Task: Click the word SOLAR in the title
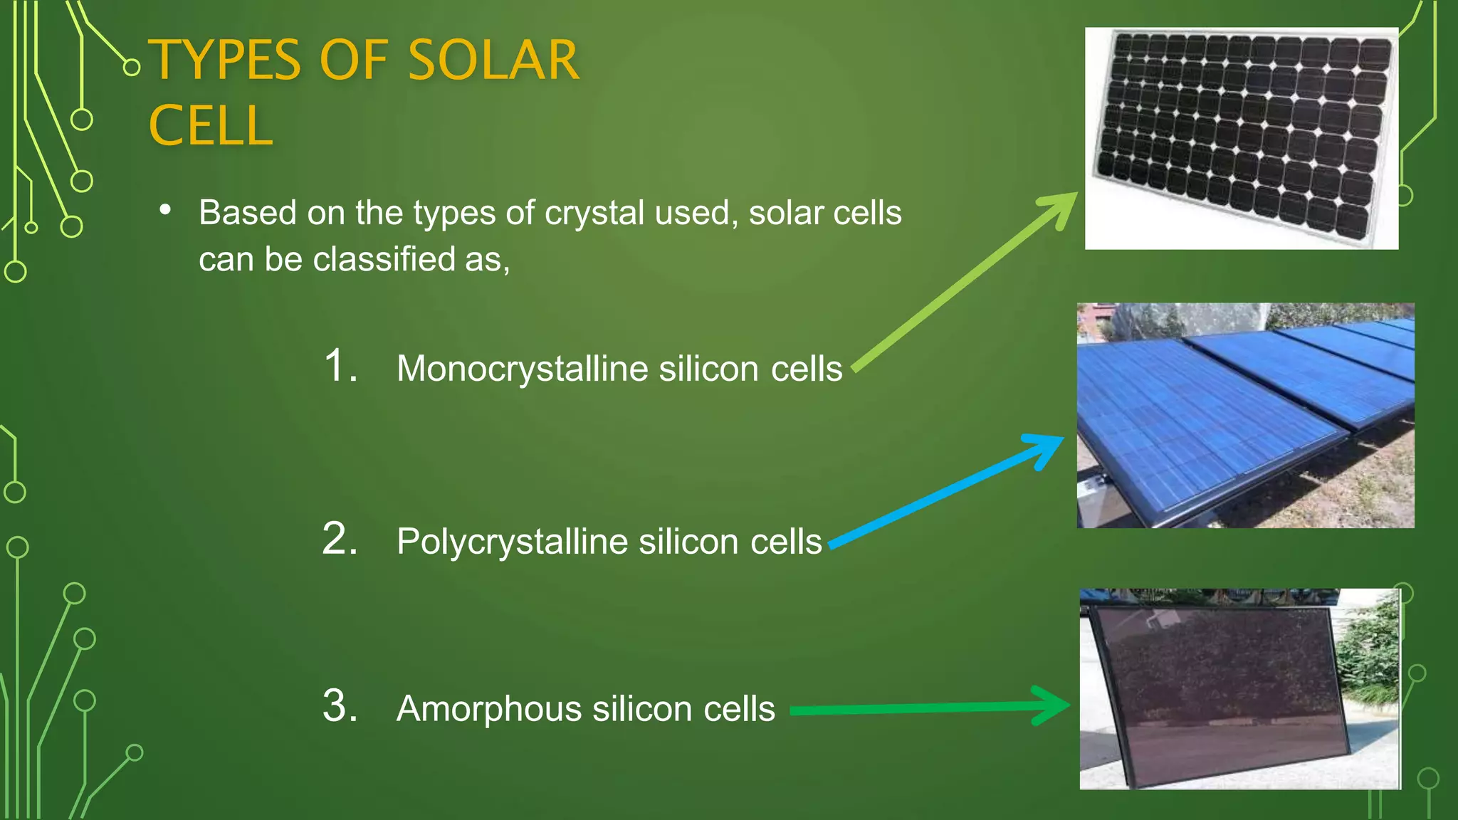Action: (493, 60)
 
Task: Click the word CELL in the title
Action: (211, 126)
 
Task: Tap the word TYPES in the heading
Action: (225, 60)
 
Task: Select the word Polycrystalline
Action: (512, 542)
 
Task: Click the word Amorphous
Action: (489, 709)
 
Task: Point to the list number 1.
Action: (339, 366)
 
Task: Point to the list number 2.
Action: (339, 539)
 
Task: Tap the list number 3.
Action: (339, 706)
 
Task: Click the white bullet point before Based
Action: (166, 210)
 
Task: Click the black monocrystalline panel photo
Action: (1241, 138)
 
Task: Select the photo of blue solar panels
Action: (1244, 416)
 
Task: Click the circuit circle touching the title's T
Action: (131, 68)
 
